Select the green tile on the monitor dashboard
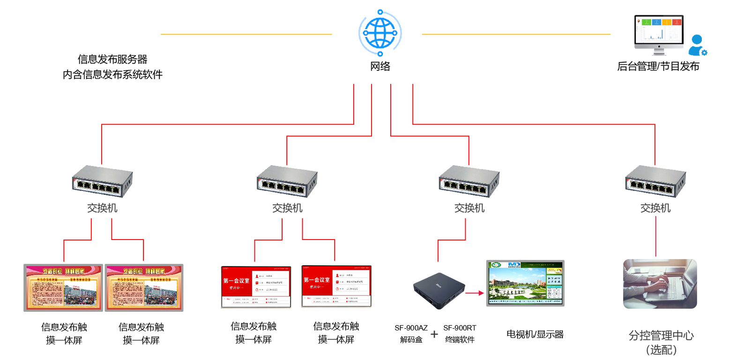click(x=647, y=22)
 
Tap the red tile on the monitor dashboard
click(x=677, y=22)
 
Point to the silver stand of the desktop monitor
click(x=659, y=48)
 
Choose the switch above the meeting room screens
click(x=287, y=180)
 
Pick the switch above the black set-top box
click(x=469, y=180)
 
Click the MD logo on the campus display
click(x=514, y=265)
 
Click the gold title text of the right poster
click(x=143, y=271)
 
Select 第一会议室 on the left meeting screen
click(x=236, y=281)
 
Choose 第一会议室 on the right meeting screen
click(x=317, y=280)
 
